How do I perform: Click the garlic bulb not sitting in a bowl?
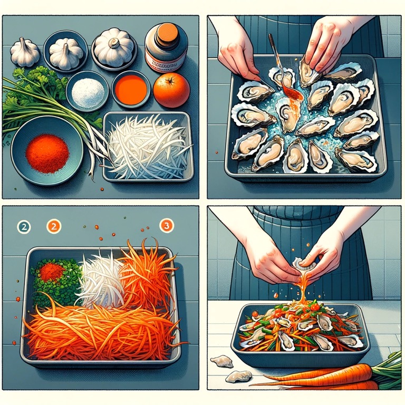click(24, 52)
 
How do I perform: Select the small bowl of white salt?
click(88, 91)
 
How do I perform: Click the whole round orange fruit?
click(171, 90)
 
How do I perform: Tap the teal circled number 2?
click(24, 227)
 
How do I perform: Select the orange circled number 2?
click(54, 227)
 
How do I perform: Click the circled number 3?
click(166, 226)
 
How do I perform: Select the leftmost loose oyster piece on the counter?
click(221, 361)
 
